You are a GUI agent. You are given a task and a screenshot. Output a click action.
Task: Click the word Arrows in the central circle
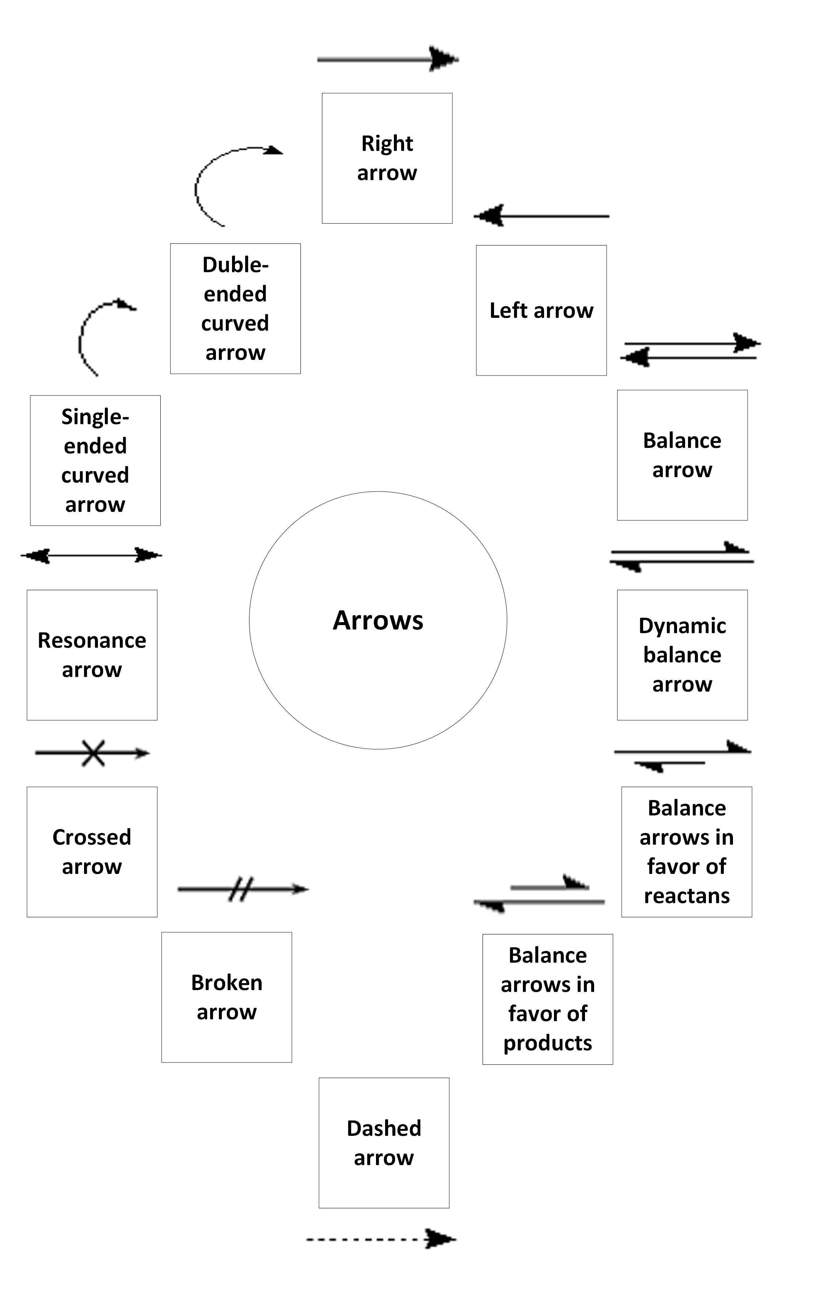[378, 620]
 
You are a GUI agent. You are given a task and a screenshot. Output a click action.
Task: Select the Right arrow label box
[387, 158]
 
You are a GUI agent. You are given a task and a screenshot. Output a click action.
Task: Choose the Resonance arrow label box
[92, 655]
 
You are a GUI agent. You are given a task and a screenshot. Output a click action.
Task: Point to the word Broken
[227, 982]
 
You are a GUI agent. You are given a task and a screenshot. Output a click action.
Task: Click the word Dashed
[384, 1129]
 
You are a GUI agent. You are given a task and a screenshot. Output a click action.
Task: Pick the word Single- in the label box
[95, 416]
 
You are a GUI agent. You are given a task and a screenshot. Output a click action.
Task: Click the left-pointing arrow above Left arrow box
[541, 216]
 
